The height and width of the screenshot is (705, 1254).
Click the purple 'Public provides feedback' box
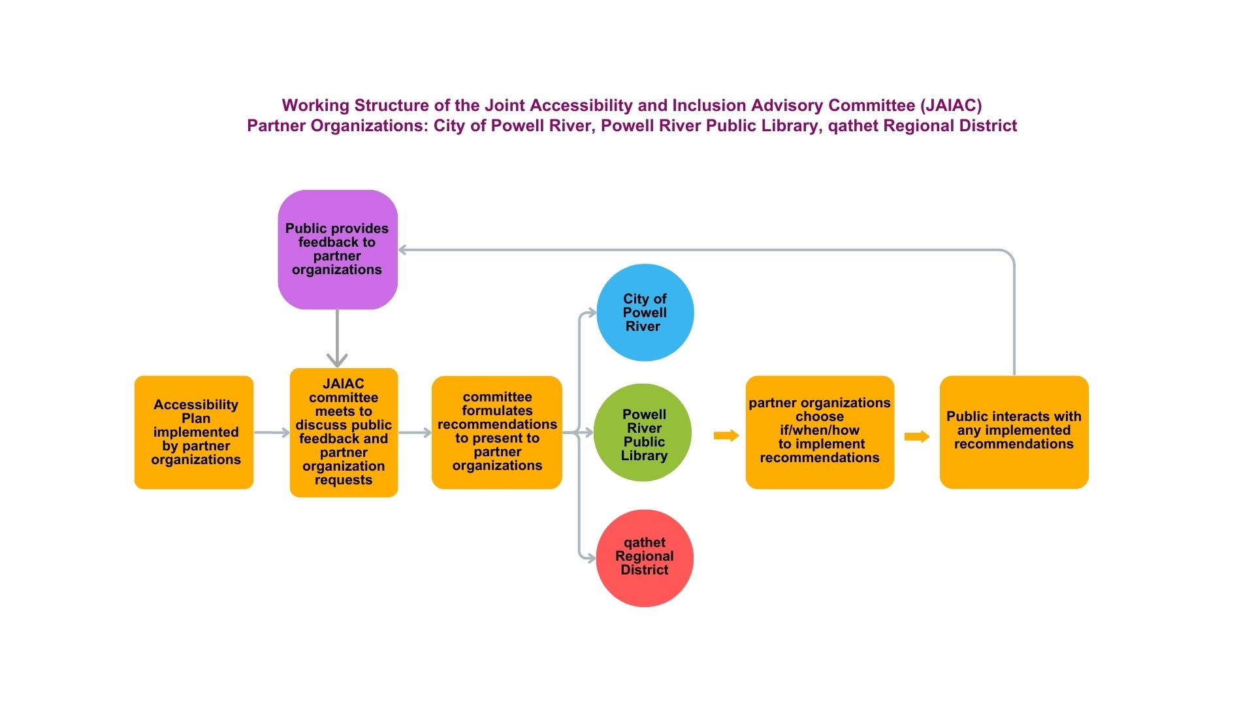coord(338,249)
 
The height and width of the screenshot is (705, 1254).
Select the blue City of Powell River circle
coord(645,313)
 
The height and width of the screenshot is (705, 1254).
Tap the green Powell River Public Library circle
coord(643,432)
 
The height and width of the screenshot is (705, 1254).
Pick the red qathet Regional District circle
coord(645,558)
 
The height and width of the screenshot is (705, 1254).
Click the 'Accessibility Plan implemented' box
coord(194,432)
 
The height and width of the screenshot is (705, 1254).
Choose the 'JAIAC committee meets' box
coord(344,433)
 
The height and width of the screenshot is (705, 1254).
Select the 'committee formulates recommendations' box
coord(497,432)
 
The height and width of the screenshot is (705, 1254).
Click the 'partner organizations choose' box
coord(820,432)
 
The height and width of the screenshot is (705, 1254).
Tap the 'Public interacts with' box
coord(1014,432)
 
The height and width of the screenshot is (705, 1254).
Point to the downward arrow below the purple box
coord(337,338)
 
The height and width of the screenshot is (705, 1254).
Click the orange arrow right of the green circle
coord(726,435)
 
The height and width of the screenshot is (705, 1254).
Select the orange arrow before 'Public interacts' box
coord(917,437)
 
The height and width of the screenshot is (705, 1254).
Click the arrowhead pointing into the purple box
coord(402,250)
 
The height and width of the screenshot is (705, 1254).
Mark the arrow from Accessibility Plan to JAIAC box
coord(272,432)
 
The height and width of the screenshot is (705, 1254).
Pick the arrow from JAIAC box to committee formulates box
coord(415,432)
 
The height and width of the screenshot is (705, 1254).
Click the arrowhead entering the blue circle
coord(592,313)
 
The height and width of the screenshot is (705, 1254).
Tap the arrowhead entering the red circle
coord(591,558)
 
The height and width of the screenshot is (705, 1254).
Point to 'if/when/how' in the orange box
coord(820,430)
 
